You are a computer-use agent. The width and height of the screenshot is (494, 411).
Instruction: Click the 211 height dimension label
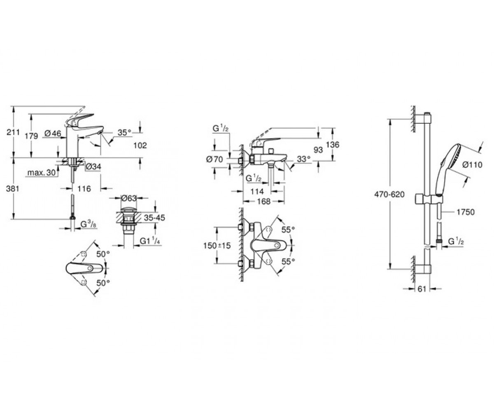coord(13,132)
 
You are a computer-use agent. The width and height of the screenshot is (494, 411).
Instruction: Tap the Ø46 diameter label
coord(53,134)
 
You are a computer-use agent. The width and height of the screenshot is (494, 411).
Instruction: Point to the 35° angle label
coord(124,132)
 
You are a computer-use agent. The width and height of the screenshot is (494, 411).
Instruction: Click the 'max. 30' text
coord(42,173)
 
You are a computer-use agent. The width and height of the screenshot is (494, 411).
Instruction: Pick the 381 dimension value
coord(12,189)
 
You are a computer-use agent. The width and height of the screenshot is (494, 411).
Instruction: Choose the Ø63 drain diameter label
coord(129,198)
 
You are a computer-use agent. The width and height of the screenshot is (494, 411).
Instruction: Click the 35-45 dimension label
coord(154,217)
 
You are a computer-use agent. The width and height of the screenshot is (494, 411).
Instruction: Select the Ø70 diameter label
coord(214,159)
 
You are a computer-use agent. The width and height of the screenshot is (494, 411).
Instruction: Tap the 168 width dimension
coord(263,201)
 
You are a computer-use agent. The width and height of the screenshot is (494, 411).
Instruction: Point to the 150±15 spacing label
coord(217,246)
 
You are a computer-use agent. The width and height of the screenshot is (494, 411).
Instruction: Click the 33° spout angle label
coord(303,159)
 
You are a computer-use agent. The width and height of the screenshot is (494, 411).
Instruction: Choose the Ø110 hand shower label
coord(472,165)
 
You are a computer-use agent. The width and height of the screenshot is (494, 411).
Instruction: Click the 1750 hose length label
coord(465,212)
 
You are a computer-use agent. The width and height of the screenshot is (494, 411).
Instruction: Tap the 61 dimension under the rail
coord(422,289)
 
